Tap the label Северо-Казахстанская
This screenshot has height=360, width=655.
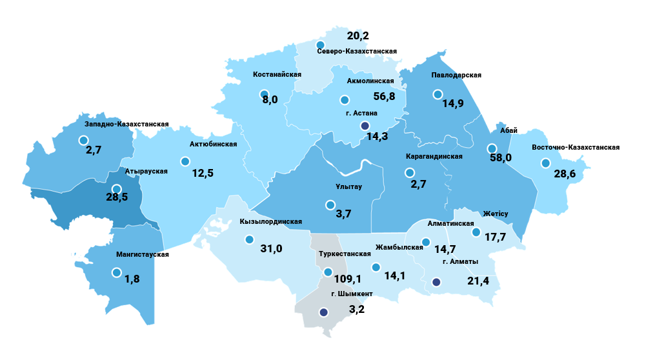click(356, 51)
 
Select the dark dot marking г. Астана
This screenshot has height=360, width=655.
click(365, 126)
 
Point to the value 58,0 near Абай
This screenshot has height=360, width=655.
click(501, 157)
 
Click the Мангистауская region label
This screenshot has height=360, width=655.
click(142, 254)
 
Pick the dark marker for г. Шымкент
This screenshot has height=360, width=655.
click(323, 312)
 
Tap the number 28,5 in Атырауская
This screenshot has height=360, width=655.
click(117, 197)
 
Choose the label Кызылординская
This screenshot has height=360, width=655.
click(270, 221)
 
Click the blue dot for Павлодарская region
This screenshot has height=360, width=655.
click(438, 95)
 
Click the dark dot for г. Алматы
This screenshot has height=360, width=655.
click(436, 282)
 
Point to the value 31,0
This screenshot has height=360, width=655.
click(271, 248)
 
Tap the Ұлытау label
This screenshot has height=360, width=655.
click(347, 187)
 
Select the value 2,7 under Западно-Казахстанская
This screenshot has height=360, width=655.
click(94, 150)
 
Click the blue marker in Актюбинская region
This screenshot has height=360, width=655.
click(185, 161)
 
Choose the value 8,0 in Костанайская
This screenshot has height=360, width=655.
click(270, 99)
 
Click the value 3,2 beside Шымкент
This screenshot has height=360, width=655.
click(358, 309)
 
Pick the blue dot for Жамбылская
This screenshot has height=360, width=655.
click(376, 267)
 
